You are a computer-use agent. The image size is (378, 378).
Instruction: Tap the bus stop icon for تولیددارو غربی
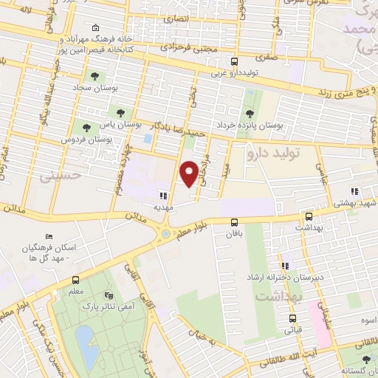[x=234, y=62]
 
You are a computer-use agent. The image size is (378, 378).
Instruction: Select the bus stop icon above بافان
[x=234, y=221]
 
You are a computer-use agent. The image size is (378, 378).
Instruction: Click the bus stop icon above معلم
[x=75, y=280]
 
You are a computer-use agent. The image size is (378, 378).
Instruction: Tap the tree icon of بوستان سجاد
[x=94, y=76]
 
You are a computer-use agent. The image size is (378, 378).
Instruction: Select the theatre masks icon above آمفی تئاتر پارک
[x=110, y=294]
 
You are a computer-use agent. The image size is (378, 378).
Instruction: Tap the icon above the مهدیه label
[x=162, y=196]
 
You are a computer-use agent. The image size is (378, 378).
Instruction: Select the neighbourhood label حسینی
[x=58, y=176]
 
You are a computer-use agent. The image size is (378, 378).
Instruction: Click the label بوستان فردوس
[x=86, y=140]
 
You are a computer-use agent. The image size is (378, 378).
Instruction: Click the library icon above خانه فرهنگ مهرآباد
[x=95, y=28]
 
